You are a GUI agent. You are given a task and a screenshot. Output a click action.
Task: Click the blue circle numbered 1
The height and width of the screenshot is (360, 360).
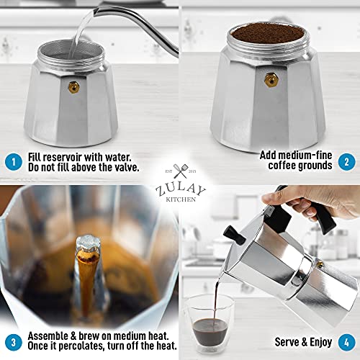pos(13,161)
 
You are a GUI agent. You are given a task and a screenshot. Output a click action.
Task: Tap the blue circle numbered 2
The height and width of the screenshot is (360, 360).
pos(346,161)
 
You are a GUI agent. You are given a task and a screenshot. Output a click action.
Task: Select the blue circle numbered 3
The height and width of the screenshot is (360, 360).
pos(13,342)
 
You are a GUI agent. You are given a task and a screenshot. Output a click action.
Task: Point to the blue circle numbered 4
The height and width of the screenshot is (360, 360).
pos(346,342)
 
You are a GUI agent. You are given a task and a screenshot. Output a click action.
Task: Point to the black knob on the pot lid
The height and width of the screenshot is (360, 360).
pos(232,233)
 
